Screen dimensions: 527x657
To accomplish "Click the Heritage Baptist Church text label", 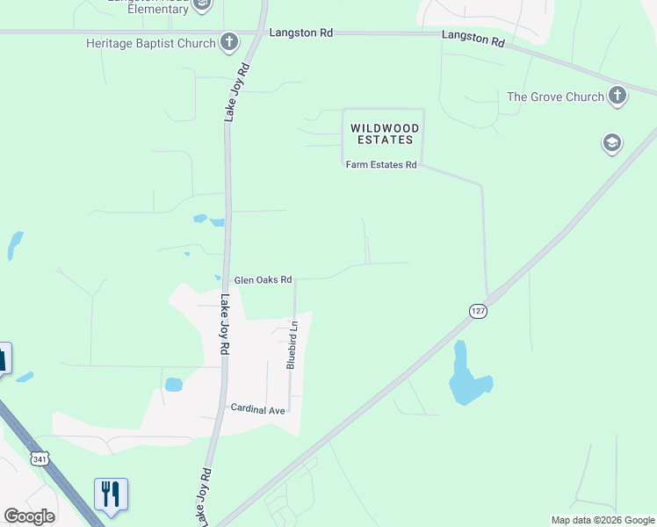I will pos(150,43).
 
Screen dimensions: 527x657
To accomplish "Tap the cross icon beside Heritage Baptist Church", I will pos(228,41).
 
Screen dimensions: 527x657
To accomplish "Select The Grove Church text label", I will pos(555,97).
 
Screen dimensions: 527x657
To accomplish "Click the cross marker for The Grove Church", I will pos(617,95).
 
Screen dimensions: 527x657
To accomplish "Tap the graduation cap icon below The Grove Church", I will pos(611,143).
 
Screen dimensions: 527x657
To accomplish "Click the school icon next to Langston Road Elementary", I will pos(201,5).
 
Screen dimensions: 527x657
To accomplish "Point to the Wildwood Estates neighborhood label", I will pos(384,134).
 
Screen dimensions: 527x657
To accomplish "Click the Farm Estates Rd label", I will pos(380,164).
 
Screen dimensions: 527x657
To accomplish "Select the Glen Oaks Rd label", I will pos(263,279).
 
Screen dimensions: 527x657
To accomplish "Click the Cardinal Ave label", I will pos(258,409).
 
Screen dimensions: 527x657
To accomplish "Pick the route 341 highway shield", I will pos(39,458).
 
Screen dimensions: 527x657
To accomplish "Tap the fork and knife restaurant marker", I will pos(111,495).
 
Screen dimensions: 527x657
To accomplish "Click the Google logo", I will pos(29,516).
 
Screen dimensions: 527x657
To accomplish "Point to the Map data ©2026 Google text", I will pos(602,520).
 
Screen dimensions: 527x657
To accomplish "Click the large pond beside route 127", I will pos(468,379).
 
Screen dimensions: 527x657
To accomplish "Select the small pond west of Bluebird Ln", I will pos(173,385).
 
